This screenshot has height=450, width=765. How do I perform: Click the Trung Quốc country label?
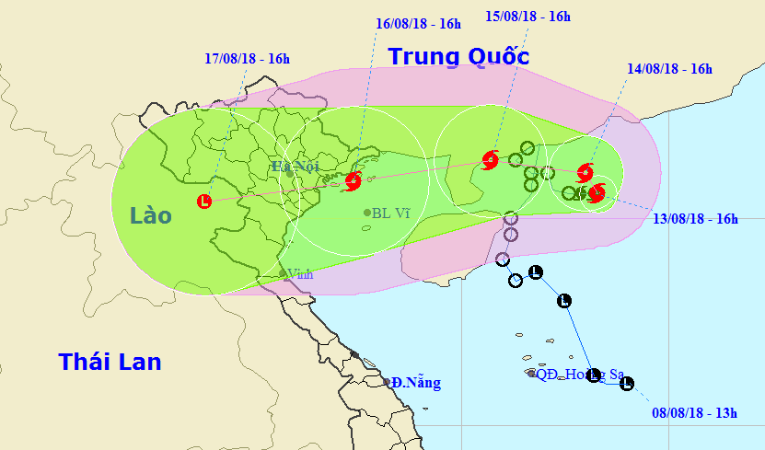(458, 56)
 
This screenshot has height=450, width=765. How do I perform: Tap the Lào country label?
(150, 216)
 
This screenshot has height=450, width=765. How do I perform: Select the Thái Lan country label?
(110, 362)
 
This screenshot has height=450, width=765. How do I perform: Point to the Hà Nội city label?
(294, 166)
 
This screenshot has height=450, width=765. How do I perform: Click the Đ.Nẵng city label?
(415, 382)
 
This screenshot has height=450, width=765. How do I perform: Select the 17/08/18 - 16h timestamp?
(247, 59)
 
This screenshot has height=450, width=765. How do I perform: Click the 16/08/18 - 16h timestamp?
(418, 24)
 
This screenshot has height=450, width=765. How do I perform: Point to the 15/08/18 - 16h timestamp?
(527, 16)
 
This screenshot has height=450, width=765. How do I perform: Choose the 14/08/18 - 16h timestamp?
(669, 68)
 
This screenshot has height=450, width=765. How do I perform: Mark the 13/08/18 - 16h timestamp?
(695, 219)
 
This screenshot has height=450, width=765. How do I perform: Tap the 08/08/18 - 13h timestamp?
(693, 413)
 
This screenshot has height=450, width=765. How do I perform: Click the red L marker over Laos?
(203, 201)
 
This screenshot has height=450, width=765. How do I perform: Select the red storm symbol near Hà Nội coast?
(352, 181)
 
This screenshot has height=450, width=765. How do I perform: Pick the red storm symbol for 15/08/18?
(490, 159)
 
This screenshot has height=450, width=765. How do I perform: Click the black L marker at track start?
(627, 384)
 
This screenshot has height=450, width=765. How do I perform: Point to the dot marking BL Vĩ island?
(365, 213)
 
